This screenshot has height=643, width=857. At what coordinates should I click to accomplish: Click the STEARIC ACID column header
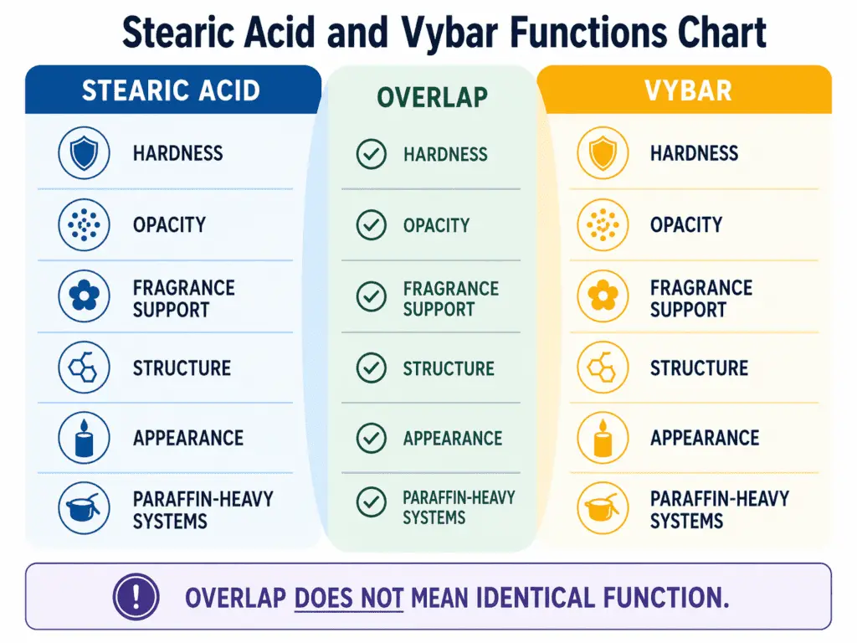click(171, 90)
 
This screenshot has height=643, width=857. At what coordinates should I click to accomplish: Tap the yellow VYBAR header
click(688, 90)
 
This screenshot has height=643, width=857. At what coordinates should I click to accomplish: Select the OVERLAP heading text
click(431, 97)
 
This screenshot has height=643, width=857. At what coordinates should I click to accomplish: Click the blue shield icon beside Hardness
click(84, 153)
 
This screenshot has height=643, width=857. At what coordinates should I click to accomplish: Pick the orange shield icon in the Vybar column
click(603, 153)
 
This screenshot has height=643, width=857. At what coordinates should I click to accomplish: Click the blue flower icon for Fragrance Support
click(84, 297)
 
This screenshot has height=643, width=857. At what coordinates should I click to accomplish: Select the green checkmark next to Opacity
click(371, 225)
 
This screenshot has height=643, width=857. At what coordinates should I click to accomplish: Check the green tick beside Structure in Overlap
click(371, 368)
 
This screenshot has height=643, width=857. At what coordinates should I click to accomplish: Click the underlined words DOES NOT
click(350, 598)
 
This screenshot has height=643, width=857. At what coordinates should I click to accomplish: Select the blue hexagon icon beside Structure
click(84, 368)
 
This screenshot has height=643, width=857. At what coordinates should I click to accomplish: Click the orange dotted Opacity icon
click(603, 225)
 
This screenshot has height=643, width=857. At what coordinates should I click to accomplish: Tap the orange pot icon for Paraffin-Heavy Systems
click(603, 509)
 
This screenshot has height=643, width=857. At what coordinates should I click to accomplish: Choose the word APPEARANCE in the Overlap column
click(453, 439)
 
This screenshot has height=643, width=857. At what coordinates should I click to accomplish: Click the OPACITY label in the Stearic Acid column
click(169, 225)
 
